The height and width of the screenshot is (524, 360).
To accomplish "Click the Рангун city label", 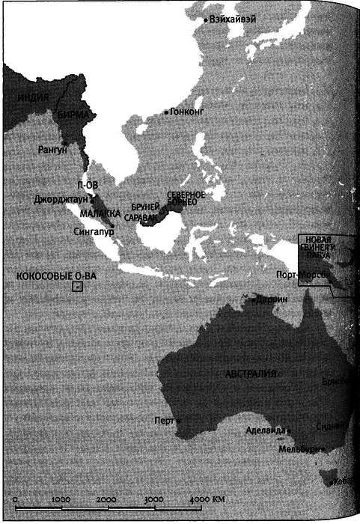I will [x=52, y=150].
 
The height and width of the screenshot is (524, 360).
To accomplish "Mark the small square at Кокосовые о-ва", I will [x=77, y=286].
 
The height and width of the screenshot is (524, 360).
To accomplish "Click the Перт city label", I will [x=163, y=420].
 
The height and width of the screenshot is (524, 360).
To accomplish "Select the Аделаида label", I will [x=265, y=431].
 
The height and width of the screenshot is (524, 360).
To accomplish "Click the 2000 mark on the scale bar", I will [x=106, y=499].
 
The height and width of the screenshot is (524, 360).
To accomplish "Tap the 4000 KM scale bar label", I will [x=208, y=499].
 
